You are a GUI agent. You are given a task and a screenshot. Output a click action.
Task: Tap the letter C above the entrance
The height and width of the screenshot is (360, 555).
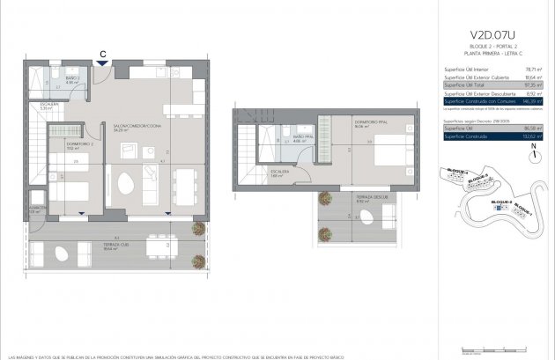(104, 53)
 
